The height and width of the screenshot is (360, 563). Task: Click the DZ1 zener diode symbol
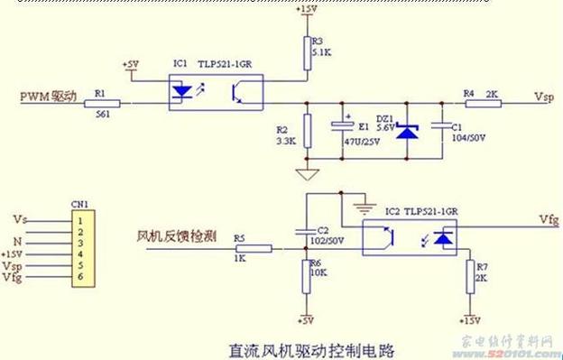click(409, 132)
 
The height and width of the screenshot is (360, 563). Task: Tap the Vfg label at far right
click(549, 218)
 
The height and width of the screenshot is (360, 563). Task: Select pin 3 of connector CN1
click(80, 243)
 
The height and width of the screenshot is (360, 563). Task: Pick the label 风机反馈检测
click(175, 235)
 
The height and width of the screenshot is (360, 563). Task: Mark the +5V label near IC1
click(132, 64)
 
